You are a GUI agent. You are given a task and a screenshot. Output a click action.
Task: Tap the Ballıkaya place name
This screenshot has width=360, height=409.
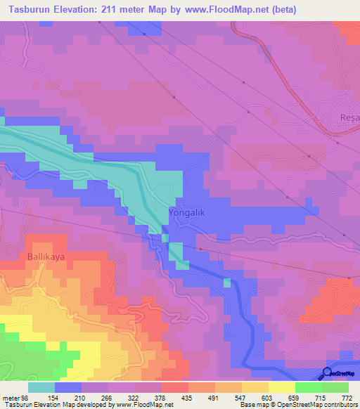pyautogui.click(x=46, y=257)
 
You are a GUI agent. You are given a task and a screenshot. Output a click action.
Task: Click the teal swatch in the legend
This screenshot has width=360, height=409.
pyautogui.click(x=42, y=387)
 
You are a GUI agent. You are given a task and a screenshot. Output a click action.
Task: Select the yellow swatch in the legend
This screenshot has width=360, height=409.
pyautogui.click(x=281, y=387)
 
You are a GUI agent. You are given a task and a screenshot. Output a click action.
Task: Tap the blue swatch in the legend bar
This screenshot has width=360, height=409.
pyautogui.click(x=68, y=387)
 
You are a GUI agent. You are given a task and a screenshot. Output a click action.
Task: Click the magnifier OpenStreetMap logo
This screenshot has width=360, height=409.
pyautogui.click(x=328, y=374)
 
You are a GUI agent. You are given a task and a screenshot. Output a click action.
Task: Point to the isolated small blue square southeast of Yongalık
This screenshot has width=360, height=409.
pyautogui.click(x=227, y=283)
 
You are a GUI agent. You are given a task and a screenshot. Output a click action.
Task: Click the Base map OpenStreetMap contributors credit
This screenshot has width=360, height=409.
pyautogui.click(x=299, y=405)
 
